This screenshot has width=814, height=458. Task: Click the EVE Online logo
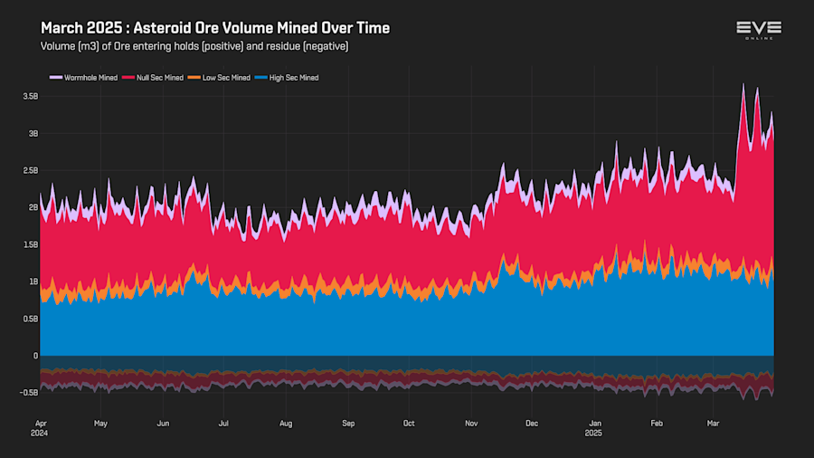point(758,30)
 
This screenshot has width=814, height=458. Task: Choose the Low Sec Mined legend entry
point(222,78)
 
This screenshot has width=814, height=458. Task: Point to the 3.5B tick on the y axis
point(30,96)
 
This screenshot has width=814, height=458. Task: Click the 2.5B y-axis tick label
point(30,170)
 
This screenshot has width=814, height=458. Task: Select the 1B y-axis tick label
point(33,281)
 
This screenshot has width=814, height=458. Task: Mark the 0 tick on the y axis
point(35,356)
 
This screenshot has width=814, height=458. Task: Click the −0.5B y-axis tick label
point(28,393)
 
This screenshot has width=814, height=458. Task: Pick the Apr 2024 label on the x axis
point(41,427)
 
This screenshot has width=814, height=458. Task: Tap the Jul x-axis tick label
point(223,423)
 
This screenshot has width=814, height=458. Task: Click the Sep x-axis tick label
point(348,423)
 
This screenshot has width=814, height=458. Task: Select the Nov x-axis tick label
point(470,423)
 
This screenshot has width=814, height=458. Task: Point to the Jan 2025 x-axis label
point(595,427)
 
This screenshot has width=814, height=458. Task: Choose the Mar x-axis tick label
point(714,423)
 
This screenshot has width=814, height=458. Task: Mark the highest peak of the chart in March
point(743,84)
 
